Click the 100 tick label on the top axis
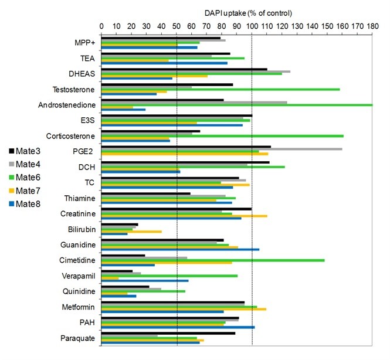(252, 26)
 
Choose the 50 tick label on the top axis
(177, 26)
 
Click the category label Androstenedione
(69, 105)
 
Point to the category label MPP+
(86, 43)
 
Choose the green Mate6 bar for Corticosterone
(222, 136)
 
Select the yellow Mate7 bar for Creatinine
(184, 216)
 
